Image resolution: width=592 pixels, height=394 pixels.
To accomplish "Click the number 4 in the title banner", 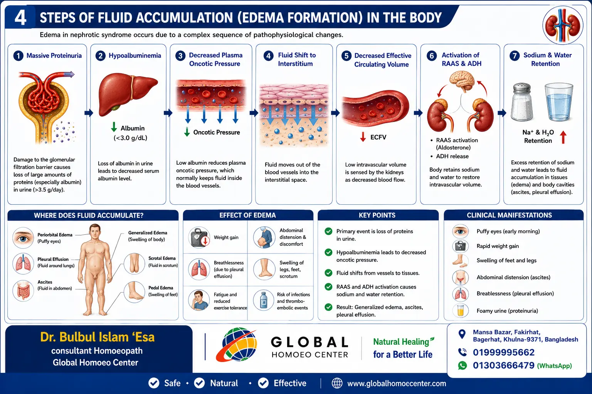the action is click(20, 18).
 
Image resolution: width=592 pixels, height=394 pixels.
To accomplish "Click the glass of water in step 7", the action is click(559, 102).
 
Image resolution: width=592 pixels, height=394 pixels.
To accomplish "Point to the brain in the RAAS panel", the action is click(462, 82).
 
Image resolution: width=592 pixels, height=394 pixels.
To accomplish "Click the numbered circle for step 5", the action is click(346, 56).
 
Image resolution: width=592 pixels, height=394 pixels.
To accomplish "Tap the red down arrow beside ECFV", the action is click(363, 137).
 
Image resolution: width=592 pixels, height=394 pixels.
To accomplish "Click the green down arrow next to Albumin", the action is click(114, 127).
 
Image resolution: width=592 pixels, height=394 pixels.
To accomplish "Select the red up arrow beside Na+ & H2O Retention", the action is click(563, 137).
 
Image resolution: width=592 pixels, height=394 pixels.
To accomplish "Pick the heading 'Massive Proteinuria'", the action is click(54, 56).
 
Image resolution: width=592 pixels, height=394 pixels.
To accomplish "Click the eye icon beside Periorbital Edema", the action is click(23, 238).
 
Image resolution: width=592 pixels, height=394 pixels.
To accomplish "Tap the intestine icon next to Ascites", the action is click(23, 290).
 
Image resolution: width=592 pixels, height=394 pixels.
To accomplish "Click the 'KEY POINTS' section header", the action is click(377, 215).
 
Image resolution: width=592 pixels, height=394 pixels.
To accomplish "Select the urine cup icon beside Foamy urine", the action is click(461, 311).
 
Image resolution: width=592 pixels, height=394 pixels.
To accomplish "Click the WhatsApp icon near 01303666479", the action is click(462, 366).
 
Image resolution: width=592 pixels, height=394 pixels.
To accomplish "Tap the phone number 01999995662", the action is click(503, 352).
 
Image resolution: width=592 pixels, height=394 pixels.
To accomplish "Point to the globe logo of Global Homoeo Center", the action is click(236, 344).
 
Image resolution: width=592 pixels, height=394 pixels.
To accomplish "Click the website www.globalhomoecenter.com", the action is click(397, 383).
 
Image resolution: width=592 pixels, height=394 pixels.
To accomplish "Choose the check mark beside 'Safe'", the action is click(154, 383).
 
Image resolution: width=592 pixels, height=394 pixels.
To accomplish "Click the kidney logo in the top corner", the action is click(563, 25).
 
